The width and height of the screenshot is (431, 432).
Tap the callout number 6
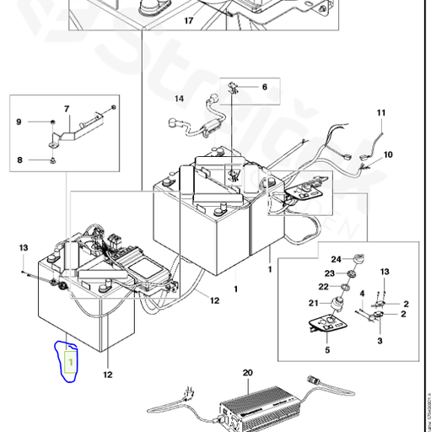(263, 87)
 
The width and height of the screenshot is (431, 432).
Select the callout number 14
(179, 99)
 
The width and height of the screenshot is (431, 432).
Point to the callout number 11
(380, 113)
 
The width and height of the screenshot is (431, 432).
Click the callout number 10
(388, 155)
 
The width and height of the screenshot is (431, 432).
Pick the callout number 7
(67, 110)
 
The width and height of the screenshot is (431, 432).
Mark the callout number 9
(18, 124)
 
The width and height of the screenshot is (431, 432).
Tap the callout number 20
(247, 372)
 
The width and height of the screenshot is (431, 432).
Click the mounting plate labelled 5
(327, 324)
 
